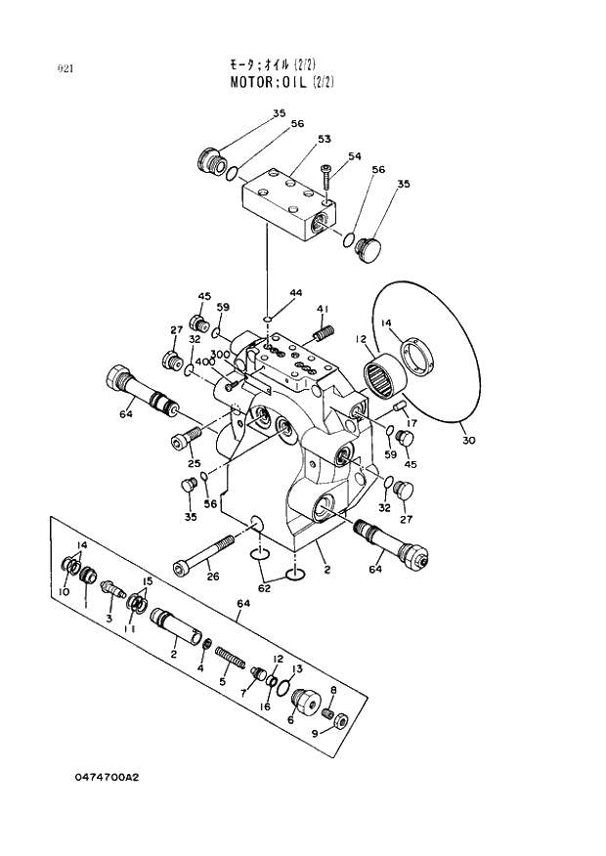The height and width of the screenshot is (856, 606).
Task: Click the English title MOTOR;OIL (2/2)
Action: pyautogui.click(x=281, y=82)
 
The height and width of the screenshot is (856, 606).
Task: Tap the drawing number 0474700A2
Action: pyautogui.click(x=107, y=778)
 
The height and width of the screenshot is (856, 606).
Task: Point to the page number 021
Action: pyautogui.click(x=65, y=68)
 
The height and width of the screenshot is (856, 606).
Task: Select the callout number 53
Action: pyautogui.click(x=324, y=139)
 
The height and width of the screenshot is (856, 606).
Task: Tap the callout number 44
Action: pyautogui.click(x=295, y=292)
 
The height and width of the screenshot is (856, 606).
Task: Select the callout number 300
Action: pyautogui.click(x=220, y=354)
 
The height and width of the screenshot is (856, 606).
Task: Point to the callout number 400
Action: pyautogui.click(x=204, y=362)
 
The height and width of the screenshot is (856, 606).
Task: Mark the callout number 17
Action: pyautogui.click(x=411, y=423)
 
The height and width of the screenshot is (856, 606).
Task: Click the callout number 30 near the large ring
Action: pyautogui.click(x=468, y=441)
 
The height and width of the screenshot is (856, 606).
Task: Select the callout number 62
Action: pyautogui.click(x=263, y=588)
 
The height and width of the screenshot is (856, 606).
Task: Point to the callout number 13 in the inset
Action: pyautogui.click(x=297, y=668)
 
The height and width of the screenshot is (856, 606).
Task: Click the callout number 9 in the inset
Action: pyautogui.click(x=316, y=734)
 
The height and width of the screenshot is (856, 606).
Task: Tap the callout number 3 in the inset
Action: pyautogui.click(x=109, y=619)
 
